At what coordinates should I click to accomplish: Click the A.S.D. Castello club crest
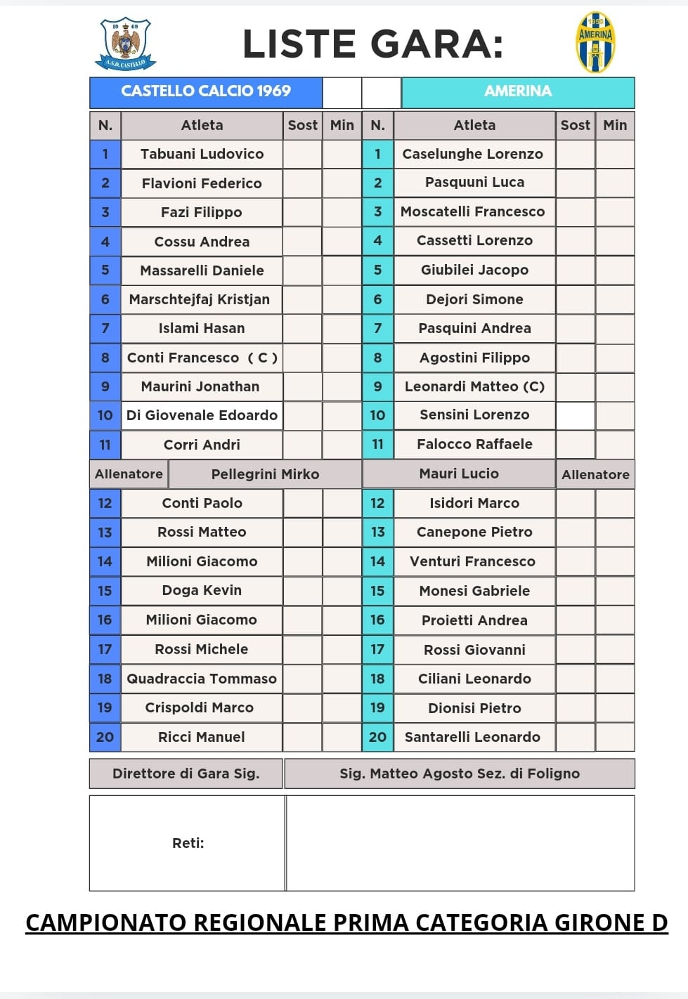pyautogui.click(x=126, y=44)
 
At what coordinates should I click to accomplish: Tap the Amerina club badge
pyautogui.click(x=595, y=42)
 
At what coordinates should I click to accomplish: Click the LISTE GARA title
pyautogui.click(x=372, y=44)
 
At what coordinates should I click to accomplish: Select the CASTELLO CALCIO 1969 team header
pyautogui.click(x=206, y=91)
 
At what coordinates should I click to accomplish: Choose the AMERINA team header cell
pyautogui.click(x=518, y=91)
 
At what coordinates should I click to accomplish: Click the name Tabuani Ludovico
pyautogui.click(x=202, y=155)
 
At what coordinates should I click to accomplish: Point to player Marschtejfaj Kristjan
pyautogui.click(x=200, y=299)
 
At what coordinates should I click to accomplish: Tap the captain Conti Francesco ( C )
pyautogui.click(x=202, y=358)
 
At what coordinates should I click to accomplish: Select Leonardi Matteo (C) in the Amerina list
pyautogui.click(x=474, y=386)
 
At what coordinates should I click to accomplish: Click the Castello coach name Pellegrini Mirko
pyautogui.click(x=265, y=474)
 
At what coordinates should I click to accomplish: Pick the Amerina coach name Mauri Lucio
pyautogui.click(x=459, y=474)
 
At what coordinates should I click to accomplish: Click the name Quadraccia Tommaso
pyautogui.click(x=202, y=679)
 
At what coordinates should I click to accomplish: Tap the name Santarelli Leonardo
pyautogui.click(x=472, y=737)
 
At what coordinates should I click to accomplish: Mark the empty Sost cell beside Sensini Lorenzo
pyautogui.click(x=575, y=415)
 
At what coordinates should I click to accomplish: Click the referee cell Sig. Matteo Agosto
pyautogui.click(x=460, y=773)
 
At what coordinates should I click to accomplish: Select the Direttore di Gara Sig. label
pyautogui.click(x=186, y=773)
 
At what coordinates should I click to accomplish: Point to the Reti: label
pyautogui.click(x=188, y=843)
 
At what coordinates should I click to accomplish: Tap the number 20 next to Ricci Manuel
pyautogui.click(x=105, y=737)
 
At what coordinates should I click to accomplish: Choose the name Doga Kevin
pyautogui.click(x=202, y=591)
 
